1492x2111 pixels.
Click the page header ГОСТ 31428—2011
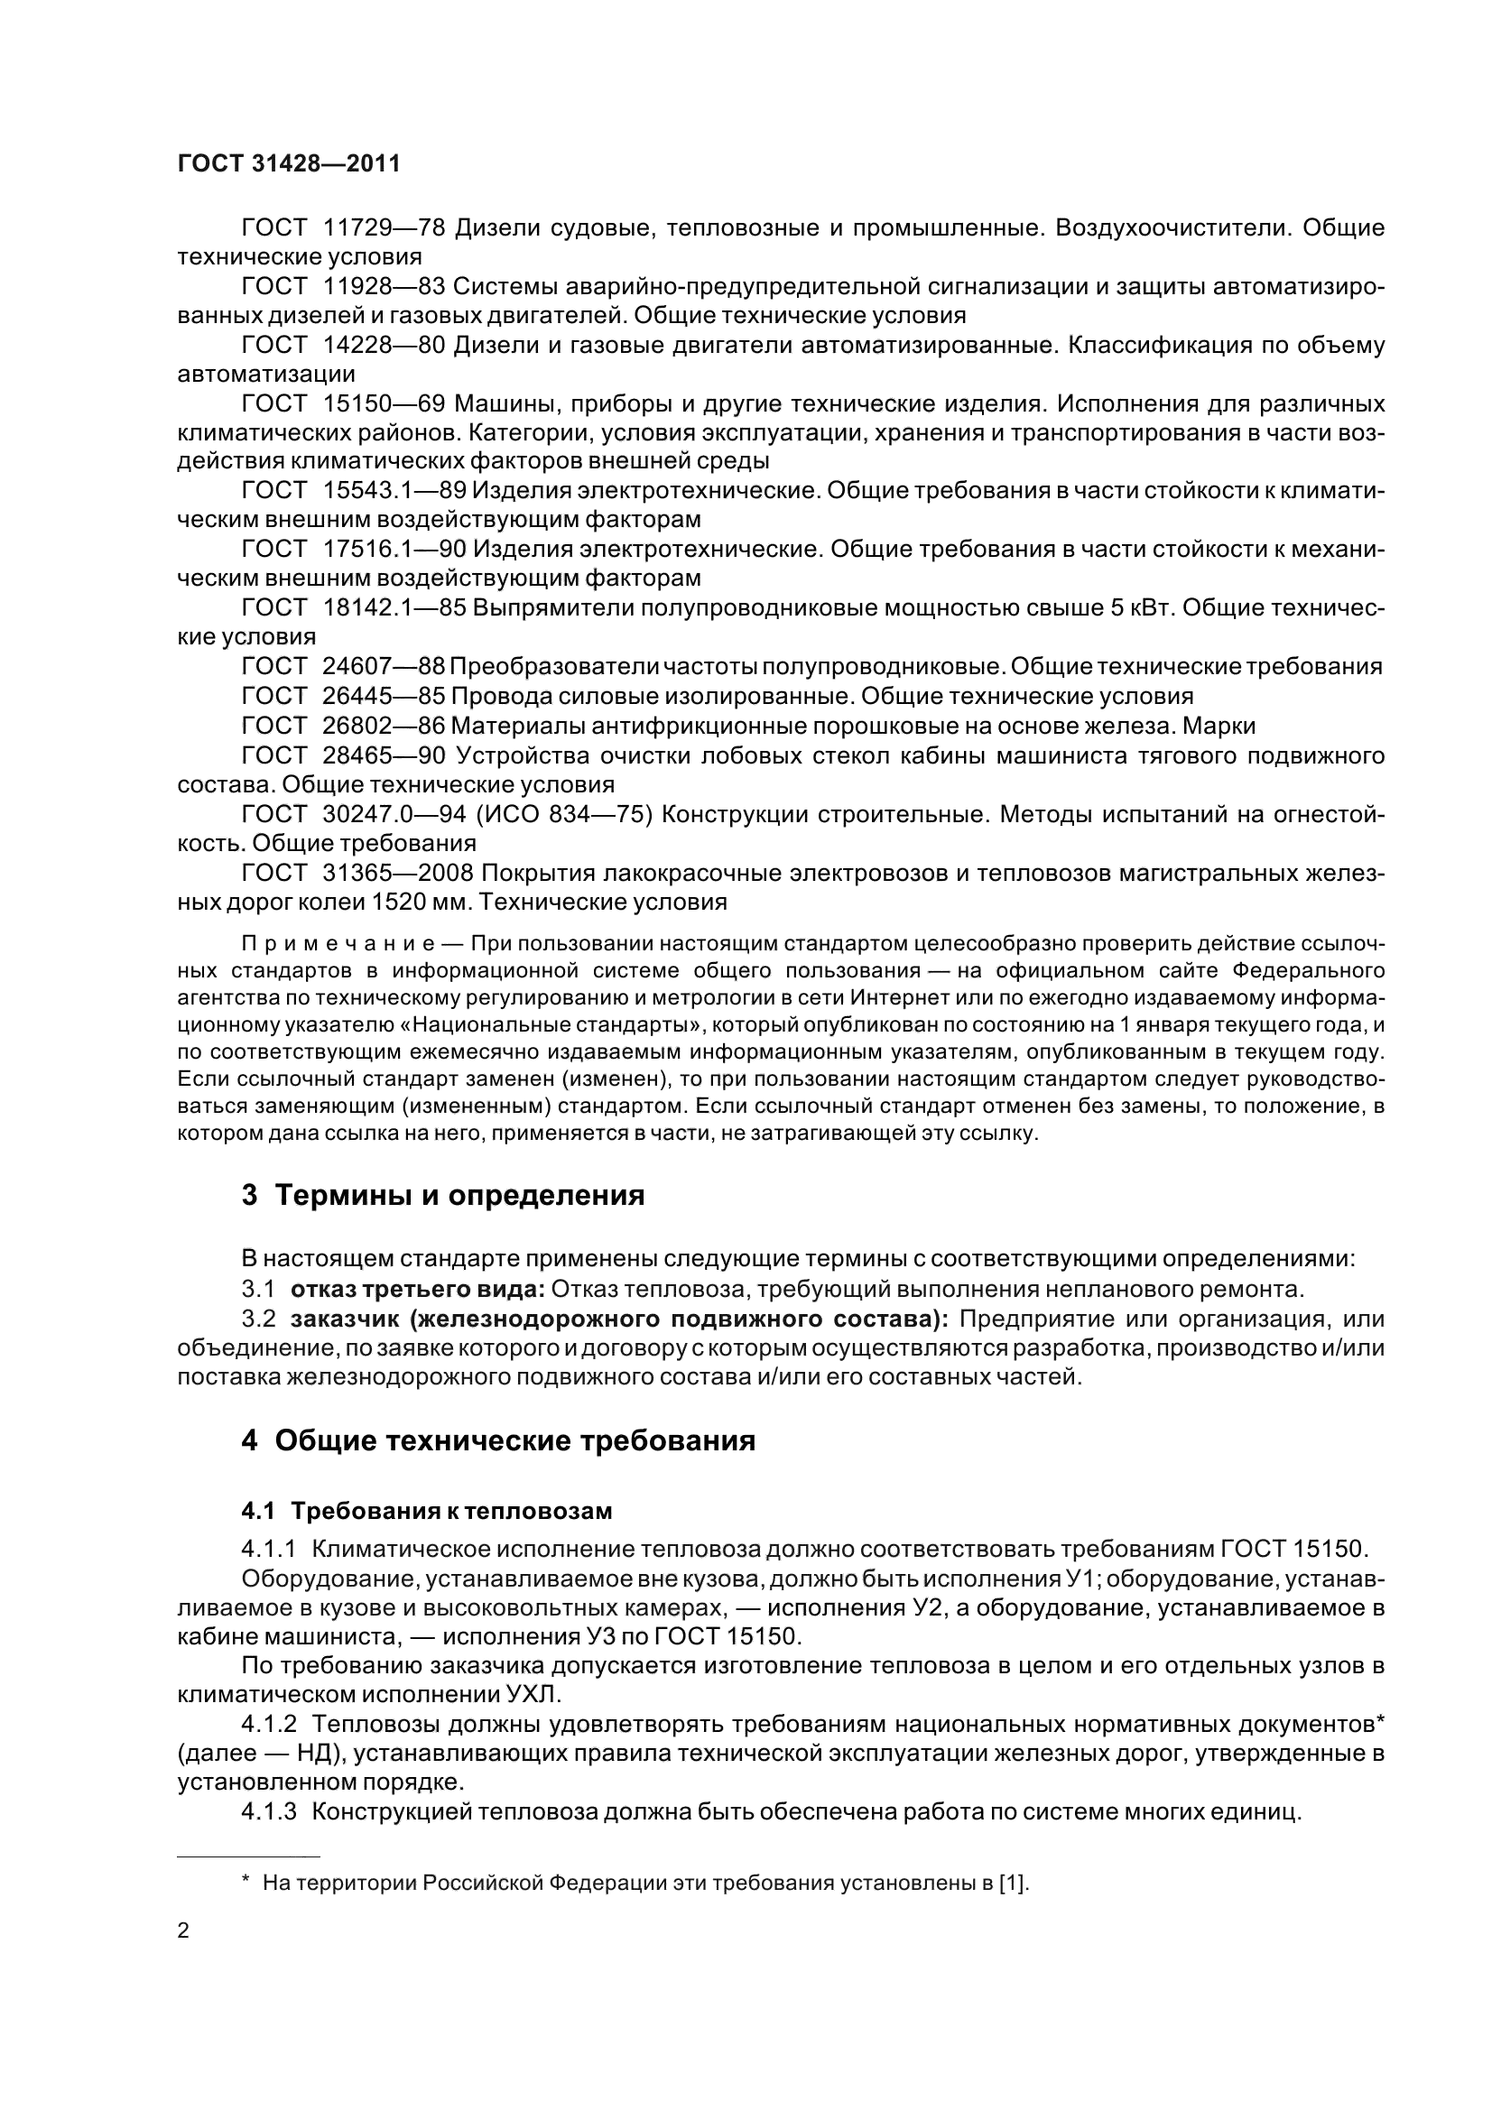pyautogui.click(x=289, y=163)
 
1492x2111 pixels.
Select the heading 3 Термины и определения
pyautogui.click(x=442, y=1196)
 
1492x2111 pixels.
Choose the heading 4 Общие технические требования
pyautogui.click(x=498, y=1440)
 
